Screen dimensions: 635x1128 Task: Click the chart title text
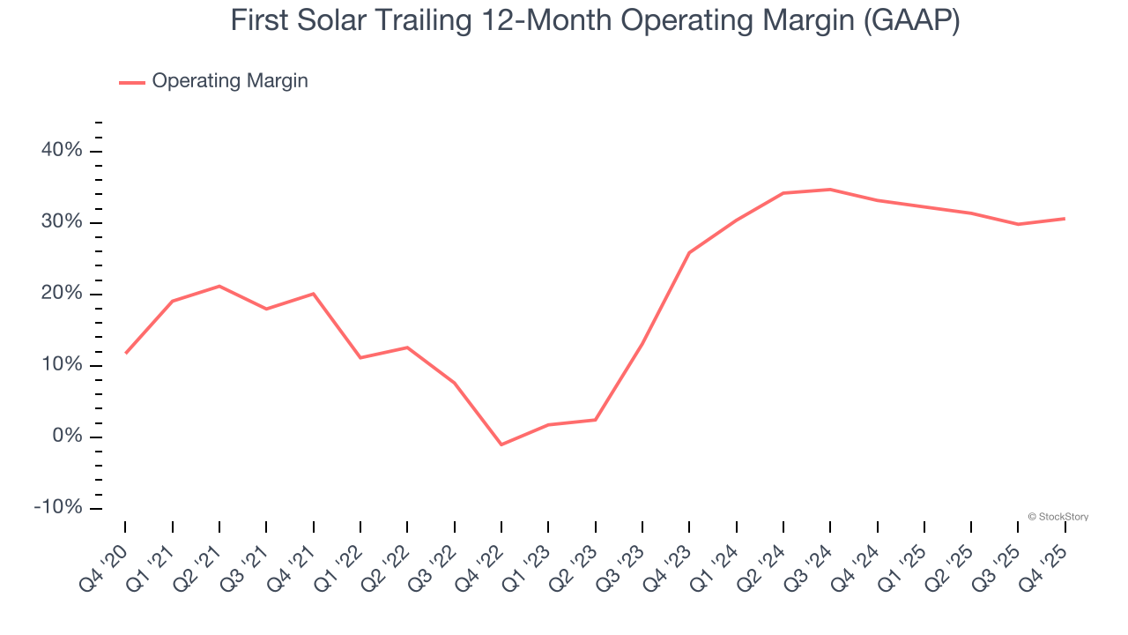[x=595, y=21]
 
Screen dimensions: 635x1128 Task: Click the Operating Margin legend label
[x=230, y=81]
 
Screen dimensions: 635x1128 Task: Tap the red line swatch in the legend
[x=132, y=82]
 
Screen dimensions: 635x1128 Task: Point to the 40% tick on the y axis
[x=62, y=151]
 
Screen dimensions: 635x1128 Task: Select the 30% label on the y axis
[x=62, y=222]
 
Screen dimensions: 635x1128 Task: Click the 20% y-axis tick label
[x=62, y=294]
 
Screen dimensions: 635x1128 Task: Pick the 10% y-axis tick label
[x=62, y=365]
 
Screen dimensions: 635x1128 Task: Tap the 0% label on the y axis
[x=66, y=437]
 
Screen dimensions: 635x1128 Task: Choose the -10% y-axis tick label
[x=58, y=508]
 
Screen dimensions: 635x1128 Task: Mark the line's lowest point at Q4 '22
[x=501, y=444]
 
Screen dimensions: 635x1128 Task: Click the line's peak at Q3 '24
[x=830, y=190]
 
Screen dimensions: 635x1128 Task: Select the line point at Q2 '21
[x=219, y=286]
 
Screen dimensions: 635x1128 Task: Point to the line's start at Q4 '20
[x=125, y=353]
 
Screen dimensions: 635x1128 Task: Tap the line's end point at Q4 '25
[x=1065, y=219]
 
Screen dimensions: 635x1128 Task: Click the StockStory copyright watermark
[x=1057, y=517]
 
